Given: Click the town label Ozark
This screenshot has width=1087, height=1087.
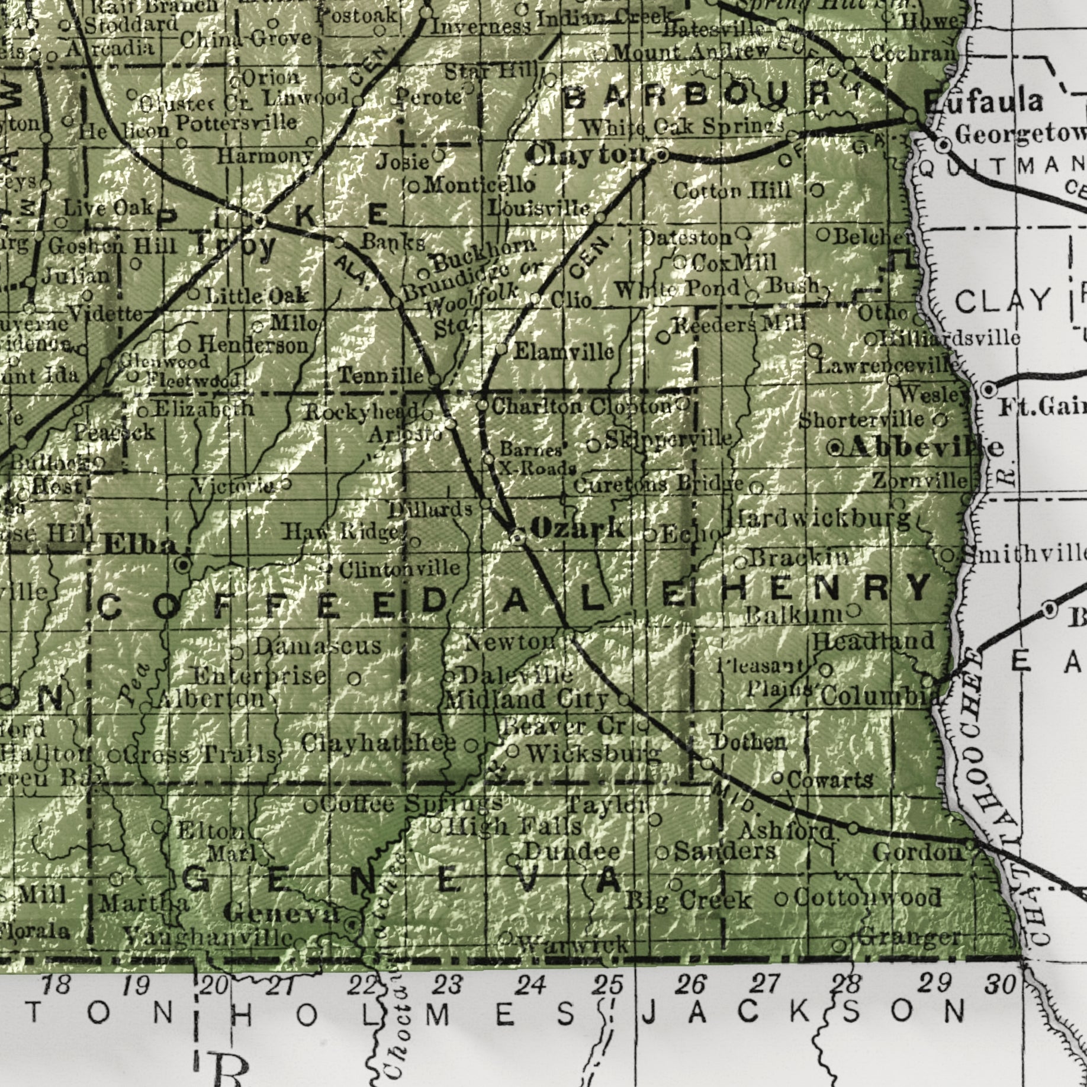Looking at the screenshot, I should [577, 527].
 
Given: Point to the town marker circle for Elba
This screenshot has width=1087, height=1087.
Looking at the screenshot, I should [184, 564].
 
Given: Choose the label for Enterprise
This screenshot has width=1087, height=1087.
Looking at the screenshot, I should [260, 676].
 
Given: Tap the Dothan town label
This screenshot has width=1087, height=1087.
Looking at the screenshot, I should [750, 742].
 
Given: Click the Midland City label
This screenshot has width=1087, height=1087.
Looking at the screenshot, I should [526, 700].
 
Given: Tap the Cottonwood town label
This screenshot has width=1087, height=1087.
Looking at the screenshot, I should [867, 897].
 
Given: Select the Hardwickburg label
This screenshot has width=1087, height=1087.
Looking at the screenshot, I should [819, 519].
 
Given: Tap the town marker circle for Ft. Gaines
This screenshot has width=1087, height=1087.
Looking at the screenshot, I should [988, 390].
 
